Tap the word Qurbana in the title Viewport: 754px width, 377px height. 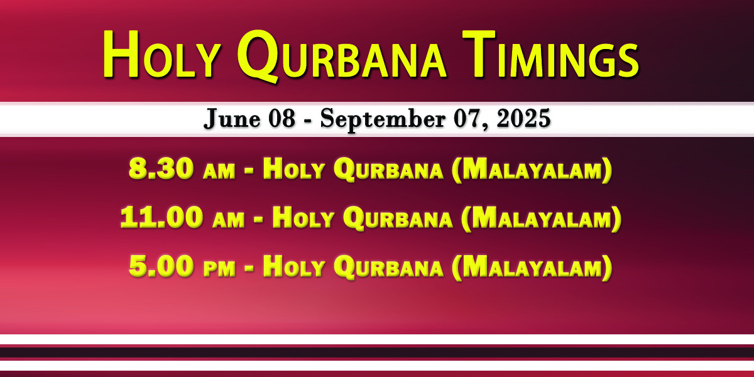pyautogui.click(x=341, y=56)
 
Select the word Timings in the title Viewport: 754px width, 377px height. pyautogui.click(x=550, y=54)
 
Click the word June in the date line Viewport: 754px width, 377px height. pyautogui.click(x=232, y=119)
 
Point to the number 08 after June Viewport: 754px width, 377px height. pyautogui.click(x=281, y=119)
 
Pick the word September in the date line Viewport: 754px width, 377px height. pyautogui.click(x=383, y=119)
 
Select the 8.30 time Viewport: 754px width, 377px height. pyautogui.click(x=161, y=168)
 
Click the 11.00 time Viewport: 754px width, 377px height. pyautogui.click(x=162, y=217)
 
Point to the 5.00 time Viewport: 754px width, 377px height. pyautogui.click(x=161, y=266)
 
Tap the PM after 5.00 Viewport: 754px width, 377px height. pyautogui.click(x=219, y=270)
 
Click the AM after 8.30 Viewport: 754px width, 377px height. pyautogui.click(x=219, y=172)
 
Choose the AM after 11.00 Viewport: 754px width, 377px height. pyautogui.click(x=229, y=221)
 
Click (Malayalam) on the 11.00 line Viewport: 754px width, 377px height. pyautogui.click(x=541, y=218)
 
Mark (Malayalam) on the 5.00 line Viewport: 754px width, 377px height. pyautogui.click(x=532, y=267)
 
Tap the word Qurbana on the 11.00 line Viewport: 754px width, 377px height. pyautogui.click(x=398, y=218)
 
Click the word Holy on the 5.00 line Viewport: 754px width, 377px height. pyautogui.click(x=293, y=266)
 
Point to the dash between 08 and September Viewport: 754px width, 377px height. pyautogui.click(x=307, y=121)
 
